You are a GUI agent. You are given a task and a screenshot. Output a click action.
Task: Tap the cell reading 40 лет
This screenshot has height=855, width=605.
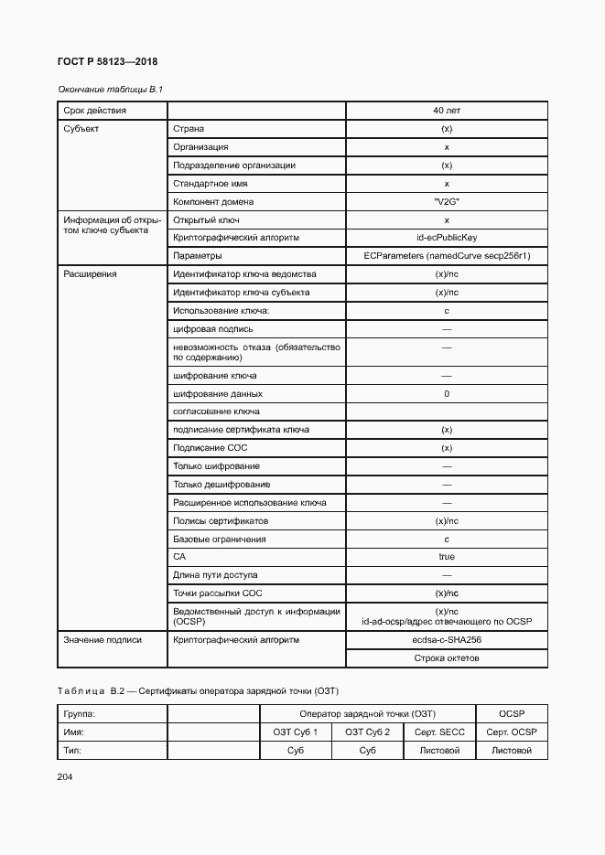click(447, 111)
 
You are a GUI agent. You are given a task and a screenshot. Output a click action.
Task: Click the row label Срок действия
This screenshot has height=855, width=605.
click(95, 111)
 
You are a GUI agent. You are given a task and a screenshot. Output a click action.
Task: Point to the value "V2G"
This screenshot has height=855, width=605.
click(447, 201)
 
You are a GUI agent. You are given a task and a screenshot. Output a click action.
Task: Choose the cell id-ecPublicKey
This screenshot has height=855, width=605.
click(447, 238)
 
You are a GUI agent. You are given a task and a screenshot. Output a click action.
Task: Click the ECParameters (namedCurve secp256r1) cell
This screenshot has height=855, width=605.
click(447, 256)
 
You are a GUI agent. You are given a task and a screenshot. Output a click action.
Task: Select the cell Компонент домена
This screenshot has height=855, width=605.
click(213, 201)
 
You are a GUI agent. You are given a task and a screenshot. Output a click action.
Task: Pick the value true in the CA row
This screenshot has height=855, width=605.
click(447, 557)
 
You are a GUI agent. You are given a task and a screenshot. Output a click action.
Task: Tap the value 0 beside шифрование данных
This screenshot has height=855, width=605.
click(447, 394)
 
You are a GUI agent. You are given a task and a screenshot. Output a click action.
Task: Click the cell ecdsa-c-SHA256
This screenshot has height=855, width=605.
click(447, 640)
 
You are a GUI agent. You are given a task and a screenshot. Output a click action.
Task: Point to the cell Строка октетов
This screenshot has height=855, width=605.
click(447, 658)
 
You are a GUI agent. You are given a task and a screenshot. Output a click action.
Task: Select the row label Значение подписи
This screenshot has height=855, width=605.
click(103, 640)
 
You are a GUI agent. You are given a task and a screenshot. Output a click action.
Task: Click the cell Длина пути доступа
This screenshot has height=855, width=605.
click(215, 575)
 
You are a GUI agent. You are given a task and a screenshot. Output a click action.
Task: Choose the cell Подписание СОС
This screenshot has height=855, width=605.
click(211, 448)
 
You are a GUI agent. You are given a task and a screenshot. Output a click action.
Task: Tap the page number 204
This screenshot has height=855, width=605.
click(65, 777)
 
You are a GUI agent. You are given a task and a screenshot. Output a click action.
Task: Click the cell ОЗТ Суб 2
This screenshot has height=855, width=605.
click(367, 732)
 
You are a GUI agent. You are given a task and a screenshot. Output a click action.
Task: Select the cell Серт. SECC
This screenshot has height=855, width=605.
click(439, 732)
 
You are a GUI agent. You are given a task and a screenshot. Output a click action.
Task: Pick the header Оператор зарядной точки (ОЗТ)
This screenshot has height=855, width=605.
click(367, 713)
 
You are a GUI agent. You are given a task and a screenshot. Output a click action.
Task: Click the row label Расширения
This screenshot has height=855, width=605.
click(90, 274)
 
